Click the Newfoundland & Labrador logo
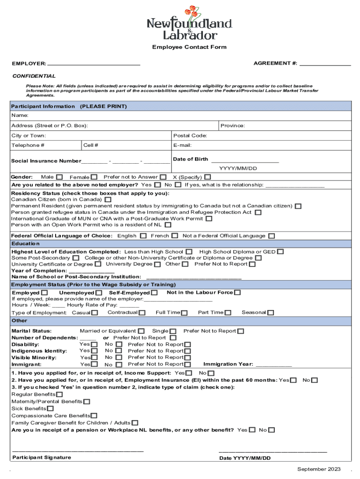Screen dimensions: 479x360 [x=189, y=23]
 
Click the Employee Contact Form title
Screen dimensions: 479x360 [x=189, y=47]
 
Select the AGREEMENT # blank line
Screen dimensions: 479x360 [x=325, y=63]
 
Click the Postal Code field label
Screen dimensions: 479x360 [x=190, y=136]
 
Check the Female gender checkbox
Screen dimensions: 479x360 [x=94, y=177]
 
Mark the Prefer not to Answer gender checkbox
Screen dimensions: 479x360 [x=163, y=177]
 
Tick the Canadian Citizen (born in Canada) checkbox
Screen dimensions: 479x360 [x=108, y=199]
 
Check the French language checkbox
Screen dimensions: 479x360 [x=174, y=236]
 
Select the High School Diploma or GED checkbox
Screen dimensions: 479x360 [x=280, y=252]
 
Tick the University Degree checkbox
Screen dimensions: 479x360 [x=158, y=264]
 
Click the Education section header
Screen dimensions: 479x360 [x=26, y=244]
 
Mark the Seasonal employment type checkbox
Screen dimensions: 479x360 [x=271, y=312]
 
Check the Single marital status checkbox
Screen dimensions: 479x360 [x=173, y=332]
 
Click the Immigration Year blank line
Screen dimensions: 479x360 [x=274, y=364]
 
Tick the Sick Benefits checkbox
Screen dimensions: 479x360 [x=50, y=409]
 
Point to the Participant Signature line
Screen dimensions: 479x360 [x=78, y=450]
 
